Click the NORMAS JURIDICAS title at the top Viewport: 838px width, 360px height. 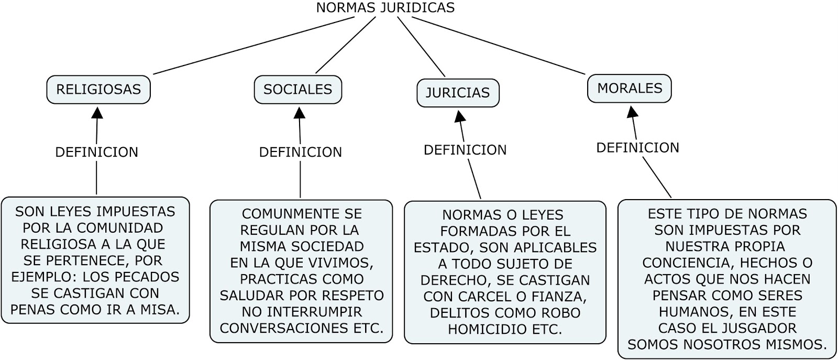pos(385,8)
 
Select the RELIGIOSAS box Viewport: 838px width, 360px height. pos(98,90)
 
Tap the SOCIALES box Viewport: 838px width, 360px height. pos(297,90)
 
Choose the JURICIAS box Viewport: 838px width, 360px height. pos(458,93)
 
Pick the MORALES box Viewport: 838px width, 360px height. pos(630,89)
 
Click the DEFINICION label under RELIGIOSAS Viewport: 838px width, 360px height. pos(97,152)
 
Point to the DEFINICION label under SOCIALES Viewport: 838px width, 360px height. pos(301,152)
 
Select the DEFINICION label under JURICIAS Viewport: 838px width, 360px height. pos(465,150)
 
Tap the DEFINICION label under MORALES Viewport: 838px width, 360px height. pos(638,148)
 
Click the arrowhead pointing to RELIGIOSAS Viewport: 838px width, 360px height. pos(97,112)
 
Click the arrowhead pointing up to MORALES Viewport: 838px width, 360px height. pos(632,111)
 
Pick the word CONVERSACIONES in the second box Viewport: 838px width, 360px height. pos(281,328)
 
